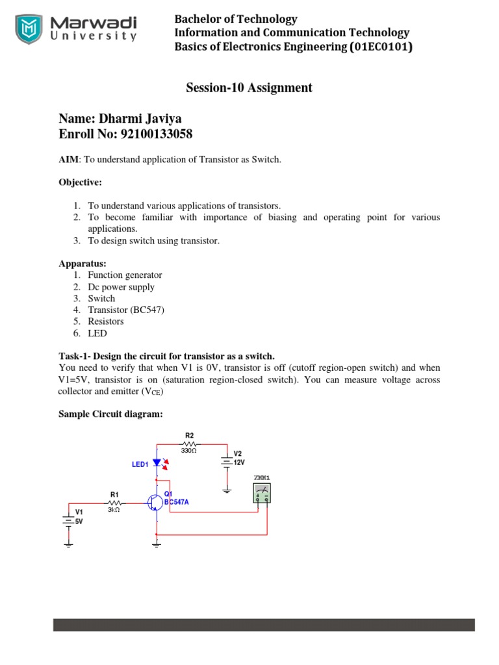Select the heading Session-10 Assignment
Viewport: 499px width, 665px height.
pyautogui.click(x=249, y=88)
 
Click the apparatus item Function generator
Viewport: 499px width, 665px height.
pyautogui.click(x=125, y=275)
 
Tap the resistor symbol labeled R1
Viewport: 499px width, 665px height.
pyautogui.click(x=114, y=503)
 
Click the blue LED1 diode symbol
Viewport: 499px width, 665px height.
pyautogui.click(x=157, y=463)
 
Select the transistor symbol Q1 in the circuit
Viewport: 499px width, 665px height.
pyautogui.click(x=155, y=503)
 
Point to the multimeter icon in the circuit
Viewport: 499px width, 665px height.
pyautogui.click(x=262, y=494)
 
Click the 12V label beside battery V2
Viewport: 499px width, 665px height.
pyautogui.click(x=240, y=462)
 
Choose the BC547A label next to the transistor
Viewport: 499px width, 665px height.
pyautogui.click(x=177, y=502)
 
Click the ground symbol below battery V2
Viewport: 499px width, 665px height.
pyautogui.click(x=227, y=490)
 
